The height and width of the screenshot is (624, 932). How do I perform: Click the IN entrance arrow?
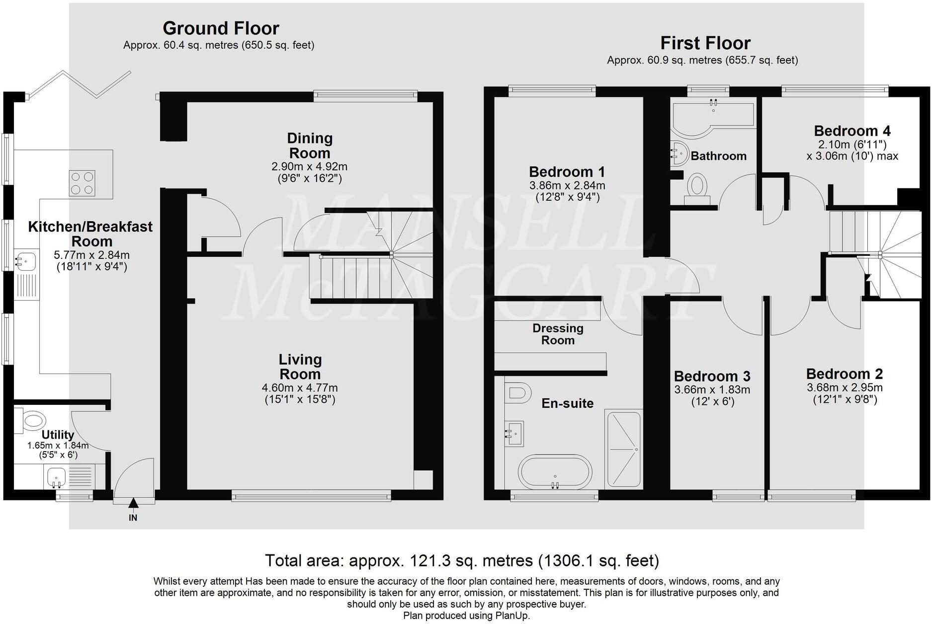[x=133, y=503]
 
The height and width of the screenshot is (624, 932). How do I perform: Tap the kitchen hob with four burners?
[x=82, y=183]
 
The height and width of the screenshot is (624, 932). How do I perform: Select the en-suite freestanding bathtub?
[x=555, y=472]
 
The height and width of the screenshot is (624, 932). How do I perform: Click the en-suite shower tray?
[x=623, y=449]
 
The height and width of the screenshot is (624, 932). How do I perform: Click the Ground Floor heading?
[x=221, y=28]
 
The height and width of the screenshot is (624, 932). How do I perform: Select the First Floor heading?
[x=705, y=43]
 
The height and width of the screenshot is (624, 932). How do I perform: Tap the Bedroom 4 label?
[x=852, y=131]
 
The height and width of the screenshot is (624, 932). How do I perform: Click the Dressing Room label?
[x=558, y=334]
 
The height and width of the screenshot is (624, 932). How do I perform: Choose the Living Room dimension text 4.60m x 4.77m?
[x=300, y=388]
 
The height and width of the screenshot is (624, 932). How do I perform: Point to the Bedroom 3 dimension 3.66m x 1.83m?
[x=712, y=390]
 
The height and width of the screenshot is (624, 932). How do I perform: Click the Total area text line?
[x=462, y=560]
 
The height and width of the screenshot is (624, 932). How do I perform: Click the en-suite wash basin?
[x=514, y=434]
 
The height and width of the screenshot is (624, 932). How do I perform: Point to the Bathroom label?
[x=718, y=156]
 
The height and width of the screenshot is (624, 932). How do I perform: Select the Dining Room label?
[x=310, y=146]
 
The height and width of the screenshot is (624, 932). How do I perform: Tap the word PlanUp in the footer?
[x=512, y=616]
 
